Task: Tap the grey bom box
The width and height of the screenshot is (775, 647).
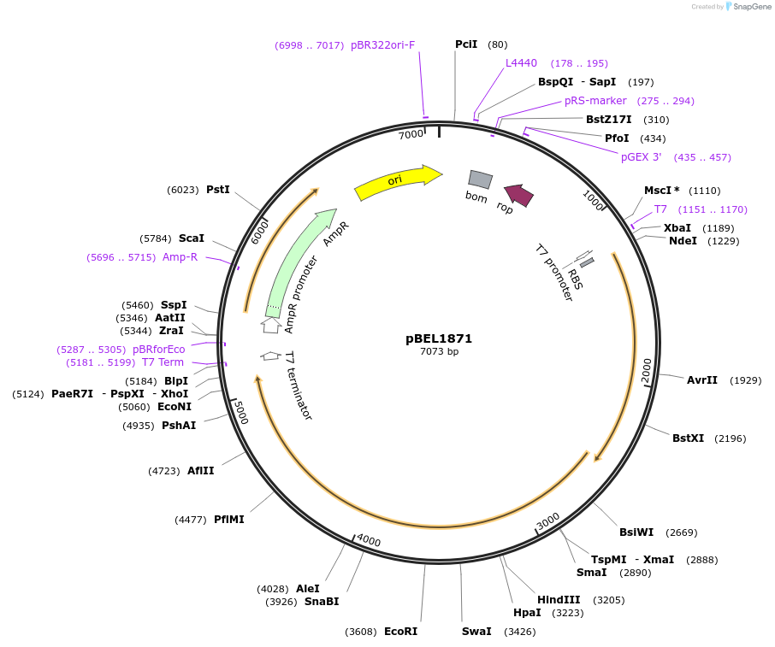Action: point(480,179)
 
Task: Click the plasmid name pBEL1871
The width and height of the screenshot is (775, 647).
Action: point(439,338)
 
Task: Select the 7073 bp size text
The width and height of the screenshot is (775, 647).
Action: point(439,352)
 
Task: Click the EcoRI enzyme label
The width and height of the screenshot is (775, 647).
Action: point(400,632)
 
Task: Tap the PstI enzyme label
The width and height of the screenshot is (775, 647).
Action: point(218,190)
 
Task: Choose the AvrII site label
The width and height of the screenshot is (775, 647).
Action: point(702,380)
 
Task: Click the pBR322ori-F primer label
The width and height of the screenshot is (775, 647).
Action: point(382,44)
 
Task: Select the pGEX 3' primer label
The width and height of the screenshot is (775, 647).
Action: point(642,157)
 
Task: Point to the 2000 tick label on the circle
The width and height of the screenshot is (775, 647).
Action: point(647,371)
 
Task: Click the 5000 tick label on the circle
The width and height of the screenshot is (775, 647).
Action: point(240,413)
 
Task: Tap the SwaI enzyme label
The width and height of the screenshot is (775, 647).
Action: point(476,632)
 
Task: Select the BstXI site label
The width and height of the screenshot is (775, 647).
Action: point(688,438)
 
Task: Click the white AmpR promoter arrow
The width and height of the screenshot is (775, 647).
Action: point(271,325)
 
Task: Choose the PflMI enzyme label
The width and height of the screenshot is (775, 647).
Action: point(229,520)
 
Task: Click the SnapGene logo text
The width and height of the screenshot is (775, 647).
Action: point(749,7)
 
